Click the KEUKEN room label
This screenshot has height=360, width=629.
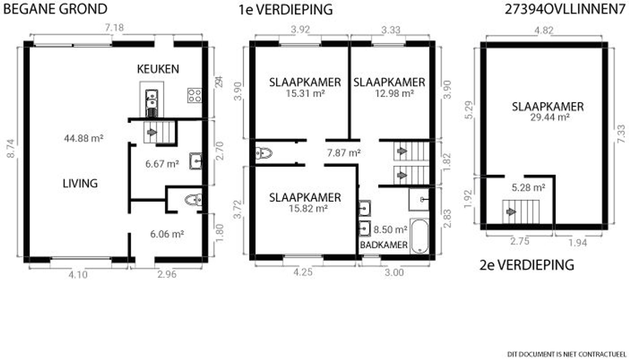pos(158,69)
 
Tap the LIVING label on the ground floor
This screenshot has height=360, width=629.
pos(80,184)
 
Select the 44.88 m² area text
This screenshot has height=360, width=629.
pos(84,138)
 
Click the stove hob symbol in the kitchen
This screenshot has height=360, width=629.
pos(195,95)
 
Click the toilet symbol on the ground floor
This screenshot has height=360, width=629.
pos(193,200)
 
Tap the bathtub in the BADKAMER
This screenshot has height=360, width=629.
pos(420,236)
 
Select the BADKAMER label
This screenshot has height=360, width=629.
pos(384,245)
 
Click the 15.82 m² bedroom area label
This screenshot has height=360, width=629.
pos(308,209)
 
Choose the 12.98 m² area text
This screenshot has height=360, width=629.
pos(394,93)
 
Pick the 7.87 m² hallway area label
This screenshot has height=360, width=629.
pos(344,153)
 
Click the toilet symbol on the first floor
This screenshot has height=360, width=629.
pos(264,153)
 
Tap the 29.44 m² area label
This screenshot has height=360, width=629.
pos(550,117)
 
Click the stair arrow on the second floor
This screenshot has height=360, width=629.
pos(511,212)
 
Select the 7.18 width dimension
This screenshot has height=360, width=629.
pos(114,28)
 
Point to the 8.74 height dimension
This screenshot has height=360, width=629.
pos(11,149)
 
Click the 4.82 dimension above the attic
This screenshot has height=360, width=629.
pos(544,30)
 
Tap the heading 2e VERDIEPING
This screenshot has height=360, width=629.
pos(526,265)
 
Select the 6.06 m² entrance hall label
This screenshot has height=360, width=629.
pos(167,234)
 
